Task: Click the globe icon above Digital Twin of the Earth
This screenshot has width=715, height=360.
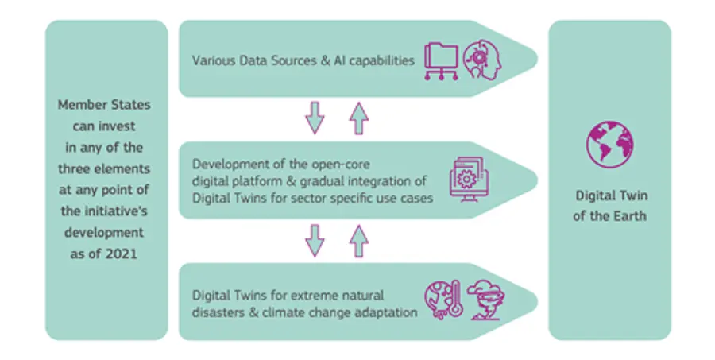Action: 609,145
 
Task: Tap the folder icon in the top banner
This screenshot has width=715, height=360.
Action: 441,61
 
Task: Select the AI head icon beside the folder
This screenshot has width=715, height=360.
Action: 482,60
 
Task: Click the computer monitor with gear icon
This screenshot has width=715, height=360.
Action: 468,180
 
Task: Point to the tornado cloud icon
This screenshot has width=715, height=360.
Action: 486,300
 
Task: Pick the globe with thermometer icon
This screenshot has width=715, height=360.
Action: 443,300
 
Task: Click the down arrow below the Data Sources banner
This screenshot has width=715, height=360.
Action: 315,118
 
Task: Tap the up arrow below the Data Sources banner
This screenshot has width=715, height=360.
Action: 359,118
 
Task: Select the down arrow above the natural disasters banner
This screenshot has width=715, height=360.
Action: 315,241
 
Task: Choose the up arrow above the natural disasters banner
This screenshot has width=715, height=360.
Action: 359,241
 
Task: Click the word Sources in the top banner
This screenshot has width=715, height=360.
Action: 295,60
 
